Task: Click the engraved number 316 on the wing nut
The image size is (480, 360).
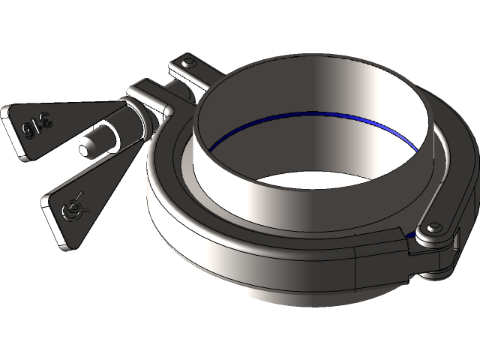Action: tap(35, 123)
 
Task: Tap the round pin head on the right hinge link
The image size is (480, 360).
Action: tap(436, 226)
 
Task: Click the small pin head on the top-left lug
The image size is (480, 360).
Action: tap(187, 61)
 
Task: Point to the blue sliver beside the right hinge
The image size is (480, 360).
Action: tap(410, 235)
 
